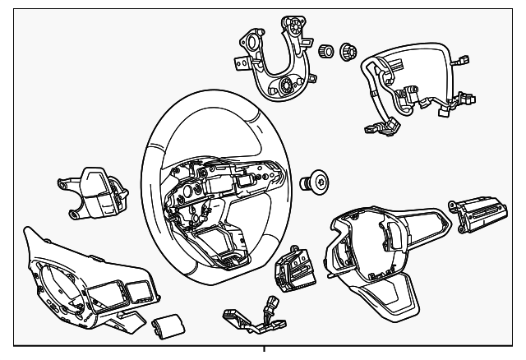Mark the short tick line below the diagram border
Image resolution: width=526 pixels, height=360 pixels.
pos(265,353)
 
